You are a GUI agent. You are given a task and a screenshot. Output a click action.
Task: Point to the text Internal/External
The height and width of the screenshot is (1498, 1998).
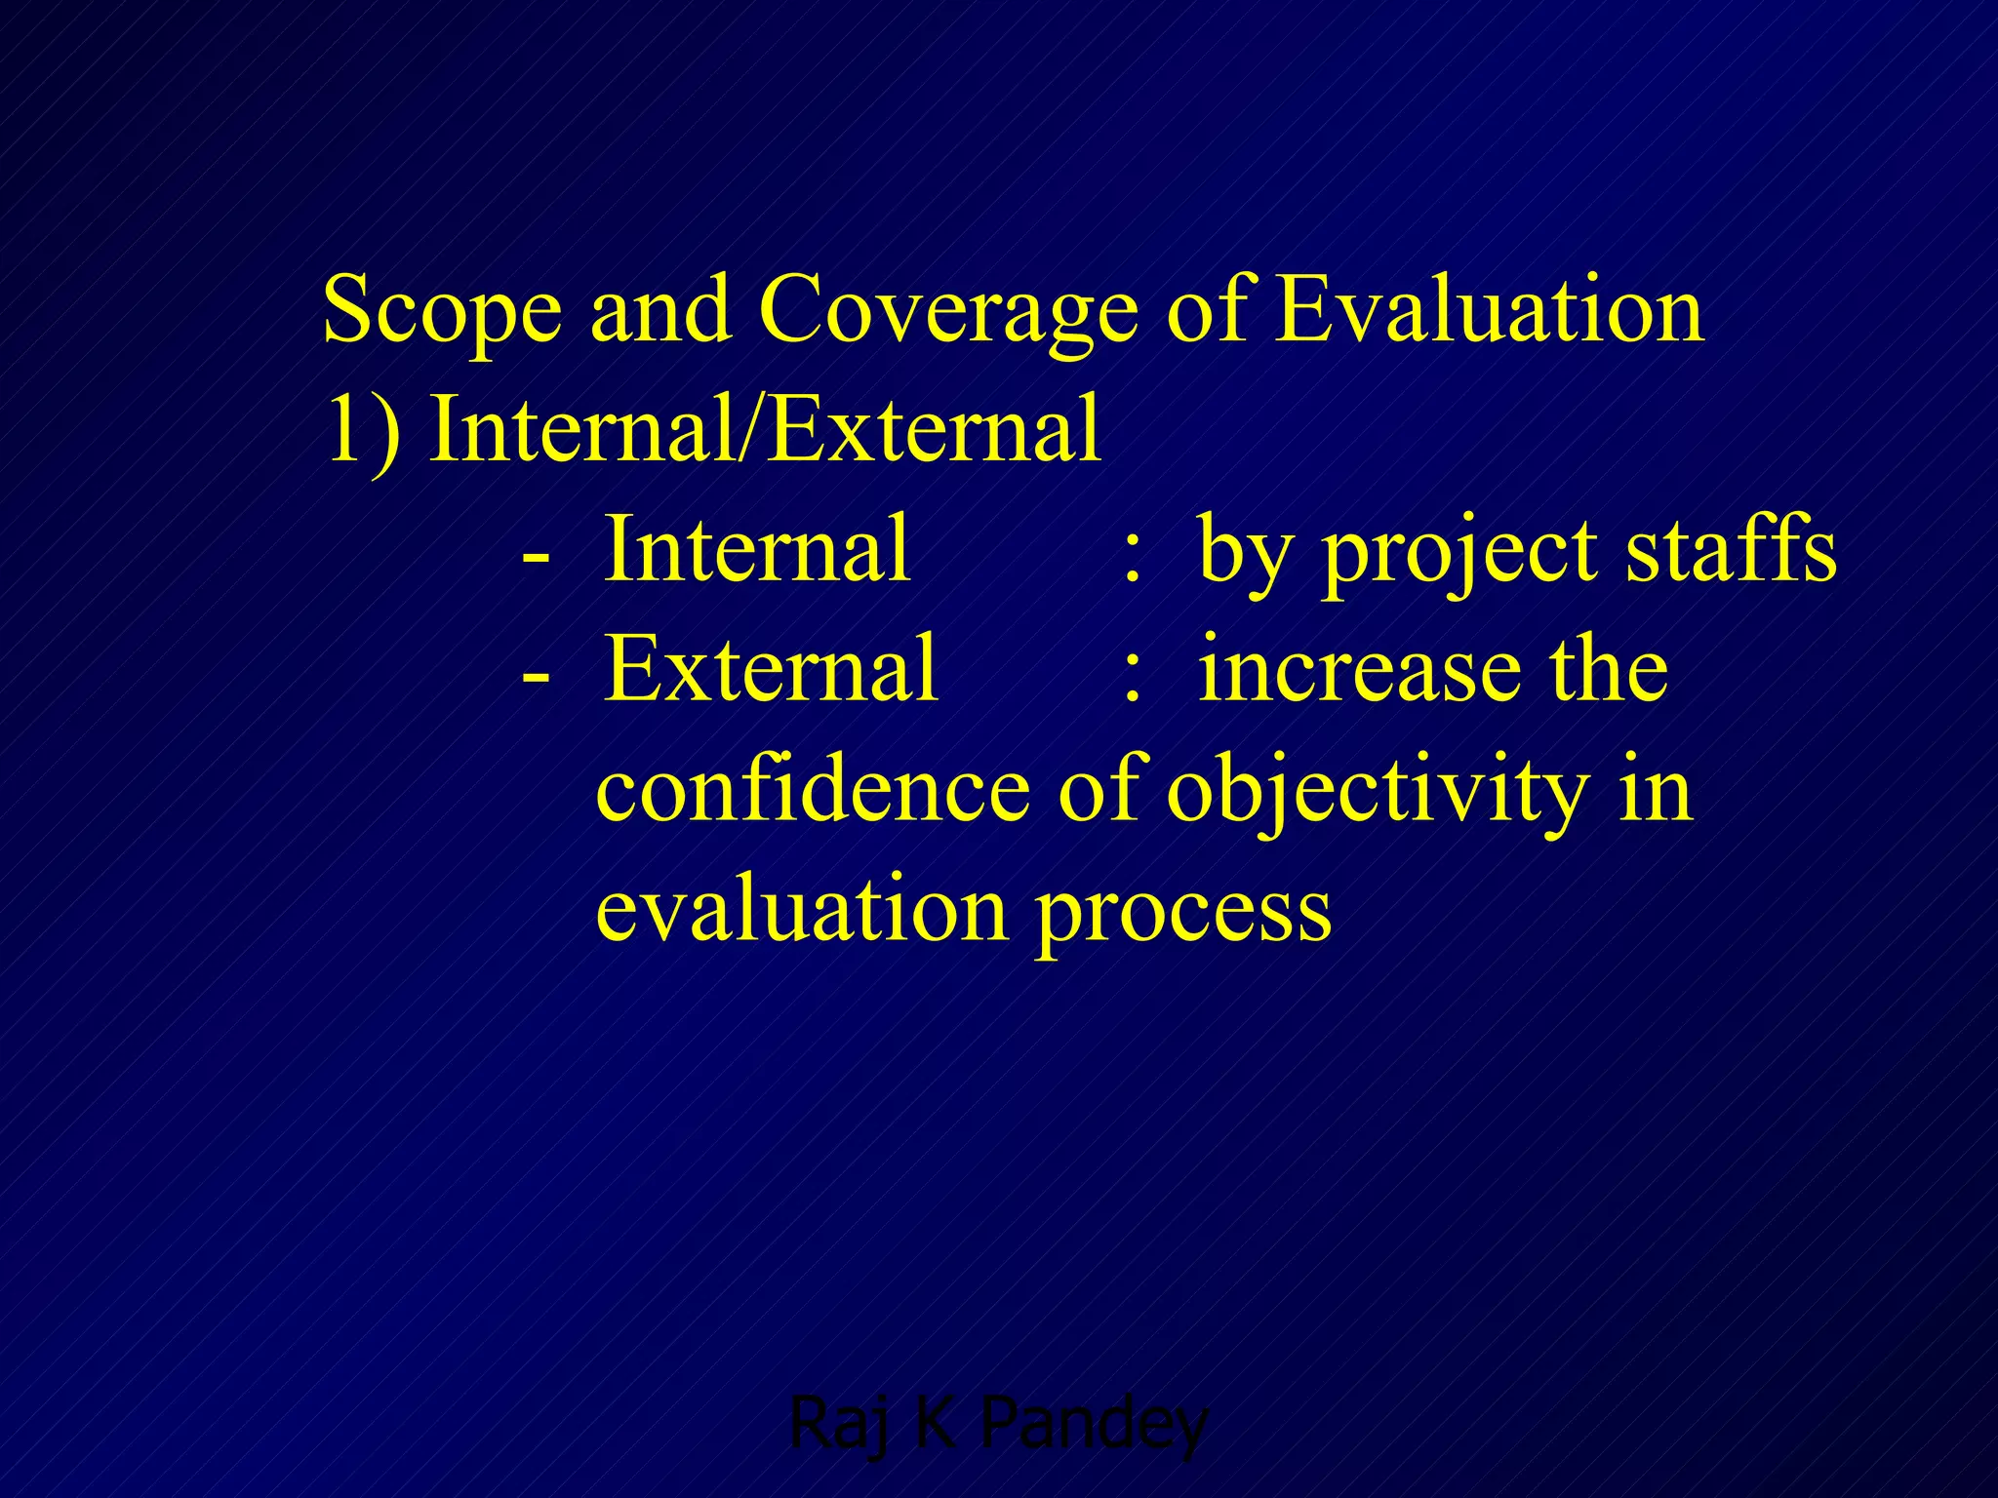coord(766,430)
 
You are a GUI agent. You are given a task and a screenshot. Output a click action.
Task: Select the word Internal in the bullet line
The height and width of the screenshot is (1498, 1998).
coord(758,550)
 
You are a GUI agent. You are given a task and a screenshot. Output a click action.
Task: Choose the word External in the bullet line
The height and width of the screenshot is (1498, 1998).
coord(771,670)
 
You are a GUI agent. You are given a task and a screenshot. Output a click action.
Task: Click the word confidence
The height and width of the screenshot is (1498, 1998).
coord(813,790)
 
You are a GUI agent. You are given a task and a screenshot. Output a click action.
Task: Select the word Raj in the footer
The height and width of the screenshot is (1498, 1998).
coord(838,1425)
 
